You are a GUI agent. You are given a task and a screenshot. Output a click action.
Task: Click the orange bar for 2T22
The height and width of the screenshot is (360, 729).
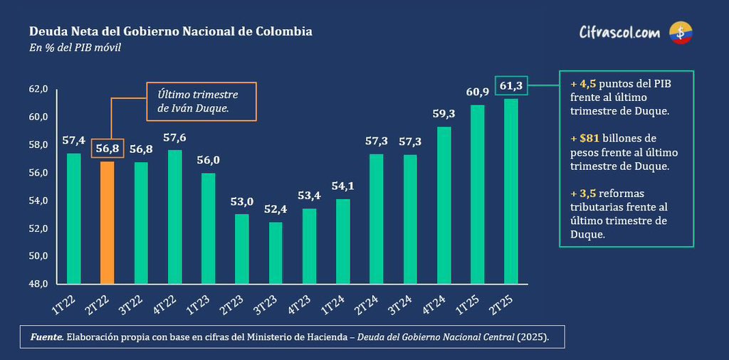click(x=107, y=223)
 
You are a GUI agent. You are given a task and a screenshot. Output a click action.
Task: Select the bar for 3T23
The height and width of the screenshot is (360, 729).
click(x=276, y=253)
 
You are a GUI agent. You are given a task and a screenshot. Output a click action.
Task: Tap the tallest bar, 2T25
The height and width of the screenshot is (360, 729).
click(x=511, y=191)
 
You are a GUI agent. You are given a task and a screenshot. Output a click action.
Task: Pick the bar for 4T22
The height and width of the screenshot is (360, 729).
click(x=175, y=217)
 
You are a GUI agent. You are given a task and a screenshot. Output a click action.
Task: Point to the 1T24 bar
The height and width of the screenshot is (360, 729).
click(x=343, y=241)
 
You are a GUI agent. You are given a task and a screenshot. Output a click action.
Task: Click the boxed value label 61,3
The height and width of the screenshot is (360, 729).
click(x=511, y=85)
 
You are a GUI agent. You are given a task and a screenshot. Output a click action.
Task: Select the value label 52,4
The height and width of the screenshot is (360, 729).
click(x=276, y=209)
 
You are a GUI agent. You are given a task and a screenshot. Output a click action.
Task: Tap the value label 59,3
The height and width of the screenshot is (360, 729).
click(x=444, y=114)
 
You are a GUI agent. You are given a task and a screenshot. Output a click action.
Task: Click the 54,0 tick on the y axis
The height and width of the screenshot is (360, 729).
click(x=38, y=201)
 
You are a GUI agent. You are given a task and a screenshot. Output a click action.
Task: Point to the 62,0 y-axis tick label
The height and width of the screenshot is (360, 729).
click(x=38, y=89)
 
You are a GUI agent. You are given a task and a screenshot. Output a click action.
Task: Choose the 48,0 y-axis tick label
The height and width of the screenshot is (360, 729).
click(x=38, y=284)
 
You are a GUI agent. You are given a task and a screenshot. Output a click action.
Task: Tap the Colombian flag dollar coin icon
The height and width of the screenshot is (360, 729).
click(x=681, y=33)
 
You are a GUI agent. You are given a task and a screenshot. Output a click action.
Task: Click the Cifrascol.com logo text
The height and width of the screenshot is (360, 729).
click(x=619, y=33)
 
